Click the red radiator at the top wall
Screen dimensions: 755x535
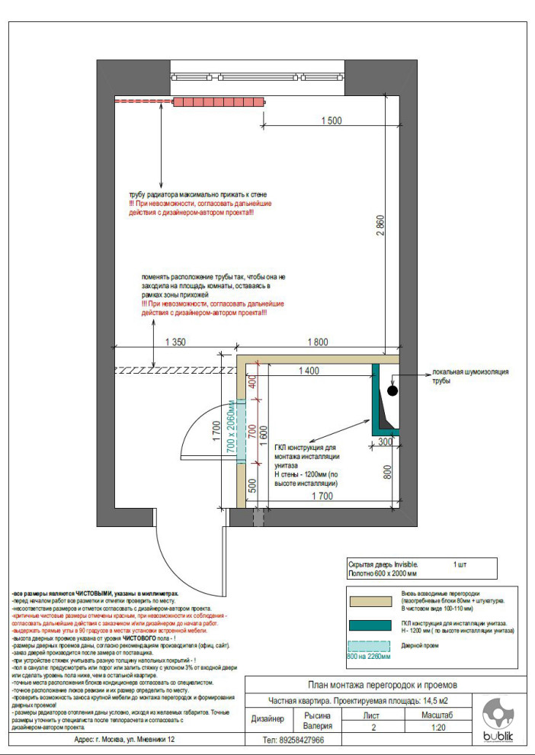pyautogui.click(x=219, y=101)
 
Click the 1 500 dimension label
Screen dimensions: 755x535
pyautogui.click(x=332, y=120)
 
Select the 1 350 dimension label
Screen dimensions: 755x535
pyautogui.click(x=175, y=342)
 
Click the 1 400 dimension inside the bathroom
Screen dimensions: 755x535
pyautogui.click(x=308, y=371)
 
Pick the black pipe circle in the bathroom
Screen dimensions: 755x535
pyautogui.click(x=392, y=390)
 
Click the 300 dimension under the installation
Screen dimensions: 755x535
pyautogui.click(x=385, y=442)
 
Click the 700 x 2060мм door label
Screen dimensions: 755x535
pyautogui.click(x=232, y=432)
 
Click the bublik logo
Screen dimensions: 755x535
pyautogui.click(x=498, y=721)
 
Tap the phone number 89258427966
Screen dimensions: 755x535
pyautogui.click(x=293, y=740)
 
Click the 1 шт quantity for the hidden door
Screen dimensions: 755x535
pyautogui.click(x=460, y=564)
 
